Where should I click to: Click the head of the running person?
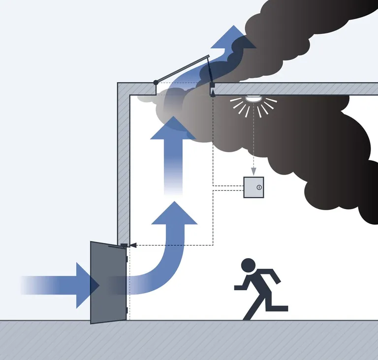249,265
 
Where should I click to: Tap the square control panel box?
253,187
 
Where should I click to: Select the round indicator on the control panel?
259,187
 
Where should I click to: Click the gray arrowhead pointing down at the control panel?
253,171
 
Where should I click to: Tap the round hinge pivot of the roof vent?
156,82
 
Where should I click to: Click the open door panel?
108,282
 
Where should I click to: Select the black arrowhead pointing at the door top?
132,244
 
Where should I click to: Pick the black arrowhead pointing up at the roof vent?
213,93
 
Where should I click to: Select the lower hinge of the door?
127,310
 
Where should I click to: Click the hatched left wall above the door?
123,162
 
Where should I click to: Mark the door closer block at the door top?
124,244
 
